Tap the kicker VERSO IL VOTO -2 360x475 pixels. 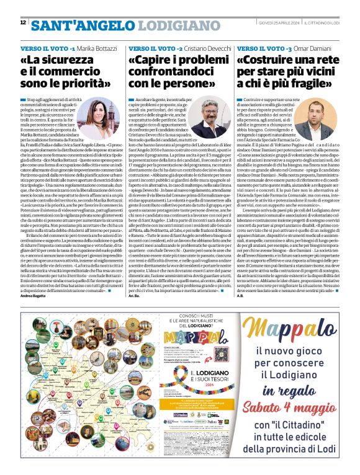coord(156,48)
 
